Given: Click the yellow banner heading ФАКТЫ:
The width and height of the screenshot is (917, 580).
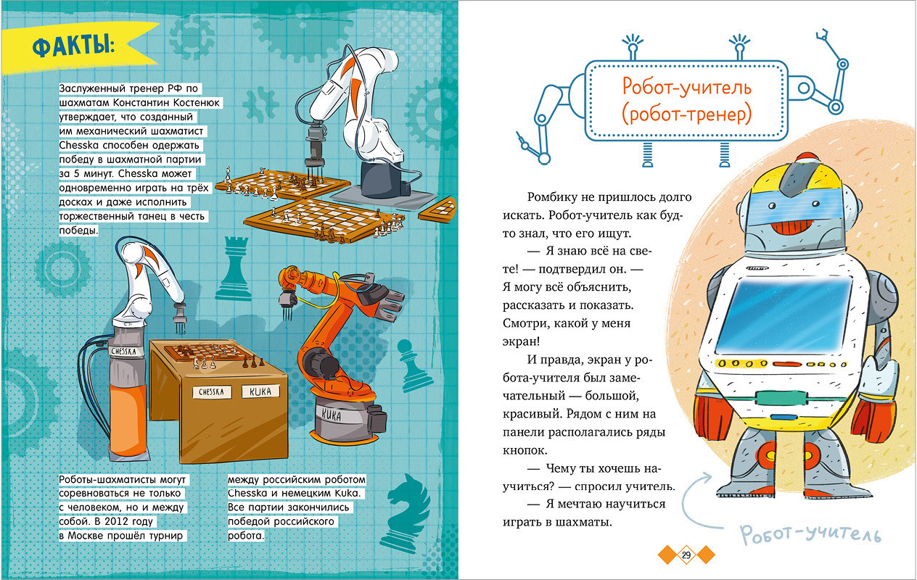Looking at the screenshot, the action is tap(74, 46).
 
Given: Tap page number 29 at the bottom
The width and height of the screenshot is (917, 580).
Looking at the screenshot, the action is tap(686, 555).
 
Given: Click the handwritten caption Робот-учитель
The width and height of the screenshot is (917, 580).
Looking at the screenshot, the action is tap(810, 534).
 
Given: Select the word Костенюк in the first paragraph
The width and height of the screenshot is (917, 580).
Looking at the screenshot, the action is tap(197, 102).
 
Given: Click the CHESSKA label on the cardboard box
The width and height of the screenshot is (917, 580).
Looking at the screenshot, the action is tap(212, 391).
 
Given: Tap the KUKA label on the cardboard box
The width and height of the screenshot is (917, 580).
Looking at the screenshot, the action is tap(260, 391).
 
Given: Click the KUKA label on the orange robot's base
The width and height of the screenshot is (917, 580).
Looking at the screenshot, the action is tap(331, 415).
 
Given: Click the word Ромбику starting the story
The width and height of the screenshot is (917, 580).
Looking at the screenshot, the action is tap(552, 197).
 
